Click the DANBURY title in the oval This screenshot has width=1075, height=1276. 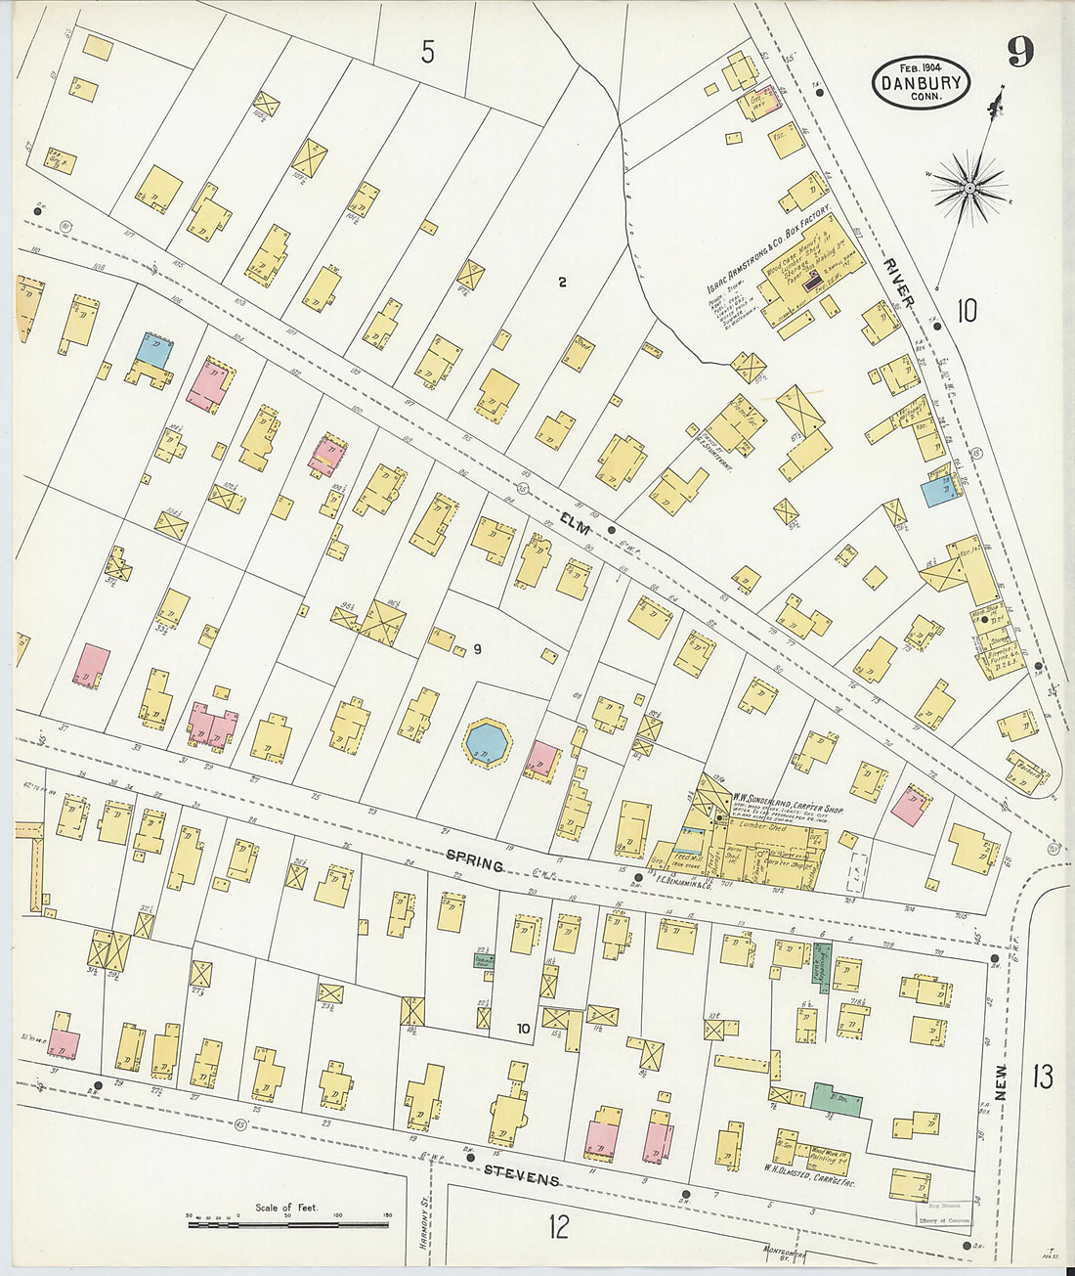[x=921, y=84]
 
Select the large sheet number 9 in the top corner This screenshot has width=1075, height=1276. [x=1019, y=51]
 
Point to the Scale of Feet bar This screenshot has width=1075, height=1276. [x=287, y=1222]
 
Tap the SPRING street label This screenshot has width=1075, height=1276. [x=475, y=861]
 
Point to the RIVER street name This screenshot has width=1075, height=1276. [x=897, y=285]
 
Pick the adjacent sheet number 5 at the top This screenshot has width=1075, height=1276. [x=427, y=52]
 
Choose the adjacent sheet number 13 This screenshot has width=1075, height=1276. [x=1042, y=1077]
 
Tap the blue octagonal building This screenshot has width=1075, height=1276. [x=486, y=742]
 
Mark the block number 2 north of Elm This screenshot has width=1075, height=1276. [x=562, y=284]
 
